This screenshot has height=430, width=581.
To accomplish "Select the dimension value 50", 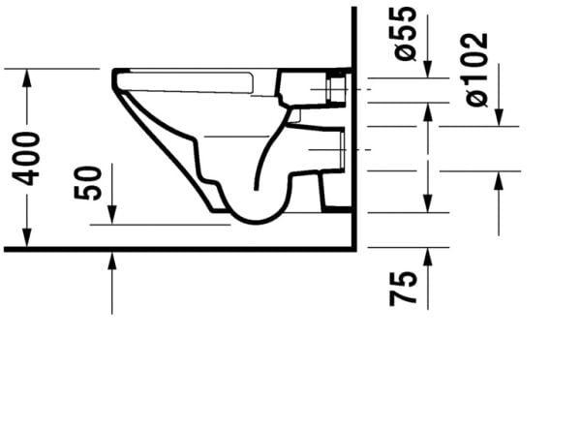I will tap(89, 182).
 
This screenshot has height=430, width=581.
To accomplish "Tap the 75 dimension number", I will tap(406, 289).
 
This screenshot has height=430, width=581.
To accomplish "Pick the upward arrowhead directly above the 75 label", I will tap(428, 254).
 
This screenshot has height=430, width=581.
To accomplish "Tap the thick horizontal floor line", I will tap(174, 249).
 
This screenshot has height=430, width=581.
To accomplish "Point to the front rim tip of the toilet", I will tap(116, 74).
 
